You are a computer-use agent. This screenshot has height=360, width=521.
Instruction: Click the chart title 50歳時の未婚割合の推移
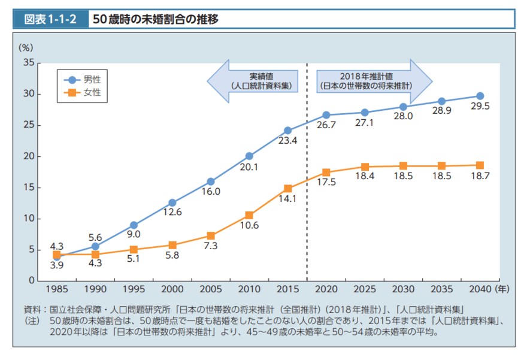(156, 19)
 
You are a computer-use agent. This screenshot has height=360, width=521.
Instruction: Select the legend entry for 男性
(92, 79)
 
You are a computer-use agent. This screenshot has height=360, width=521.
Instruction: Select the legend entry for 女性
(92, 93)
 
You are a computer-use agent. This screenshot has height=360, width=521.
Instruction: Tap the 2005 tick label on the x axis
(211, 289)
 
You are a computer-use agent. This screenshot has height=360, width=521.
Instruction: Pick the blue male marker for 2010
(249, 156)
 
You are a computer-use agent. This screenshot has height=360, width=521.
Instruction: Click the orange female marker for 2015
(288, 188)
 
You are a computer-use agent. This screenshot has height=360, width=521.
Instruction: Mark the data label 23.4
(287, 141)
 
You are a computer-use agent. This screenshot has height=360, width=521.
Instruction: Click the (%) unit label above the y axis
(26, 47)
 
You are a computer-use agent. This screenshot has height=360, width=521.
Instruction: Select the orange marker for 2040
(480, 165)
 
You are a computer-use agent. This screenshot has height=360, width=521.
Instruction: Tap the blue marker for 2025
(365, 112)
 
